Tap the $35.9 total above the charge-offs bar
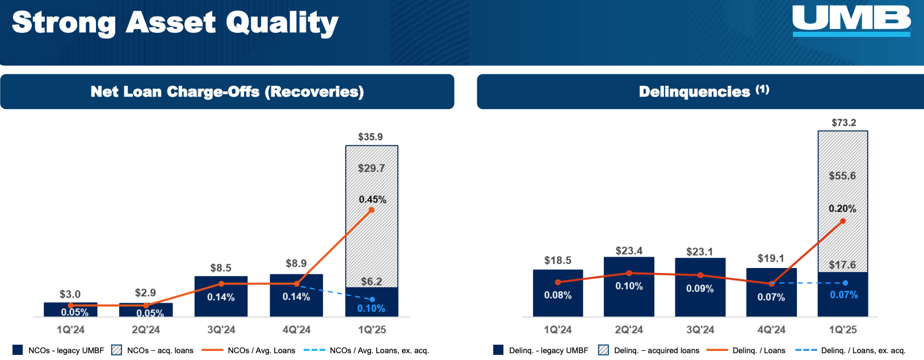pos(370,137)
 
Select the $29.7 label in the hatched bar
pos(371,168)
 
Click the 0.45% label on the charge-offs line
pos(372,199)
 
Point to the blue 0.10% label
pos(371,308)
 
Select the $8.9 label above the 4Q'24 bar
pos(296,263)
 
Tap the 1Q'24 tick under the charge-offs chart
pos(70,330)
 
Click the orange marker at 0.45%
pos(372,210)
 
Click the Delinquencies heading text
pos(694,92)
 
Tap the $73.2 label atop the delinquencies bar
pos(843,123)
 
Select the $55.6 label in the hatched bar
pos(842,176)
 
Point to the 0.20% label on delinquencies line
pos(842,209)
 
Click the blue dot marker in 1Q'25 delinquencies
pos(845,283)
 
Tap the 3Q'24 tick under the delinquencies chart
pos(700,330)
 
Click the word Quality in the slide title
pos(282,23)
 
